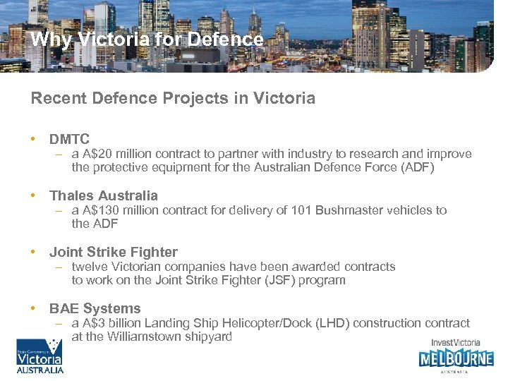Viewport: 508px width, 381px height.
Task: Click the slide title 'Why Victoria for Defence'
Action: tap(147, 40)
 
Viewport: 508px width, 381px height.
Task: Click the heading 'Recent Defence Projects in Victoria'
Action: tap(173, 98)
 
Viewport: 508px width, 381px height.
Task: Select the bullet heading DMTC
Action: tap(69, 140)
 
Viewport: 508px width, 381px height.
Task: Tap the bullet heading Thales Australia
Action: tap(104, 195)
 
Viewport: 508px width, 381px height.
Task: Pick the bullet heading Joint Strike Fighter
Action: tap(114, 252)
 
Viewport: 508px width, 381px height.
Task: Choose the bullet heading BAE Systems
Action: tap(95, 308)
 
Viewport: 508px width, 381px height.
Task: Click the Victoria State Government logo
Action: tap(40, 356)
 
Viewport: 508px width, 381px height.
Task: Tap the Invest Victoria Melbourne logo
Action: tap(456, 355)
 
